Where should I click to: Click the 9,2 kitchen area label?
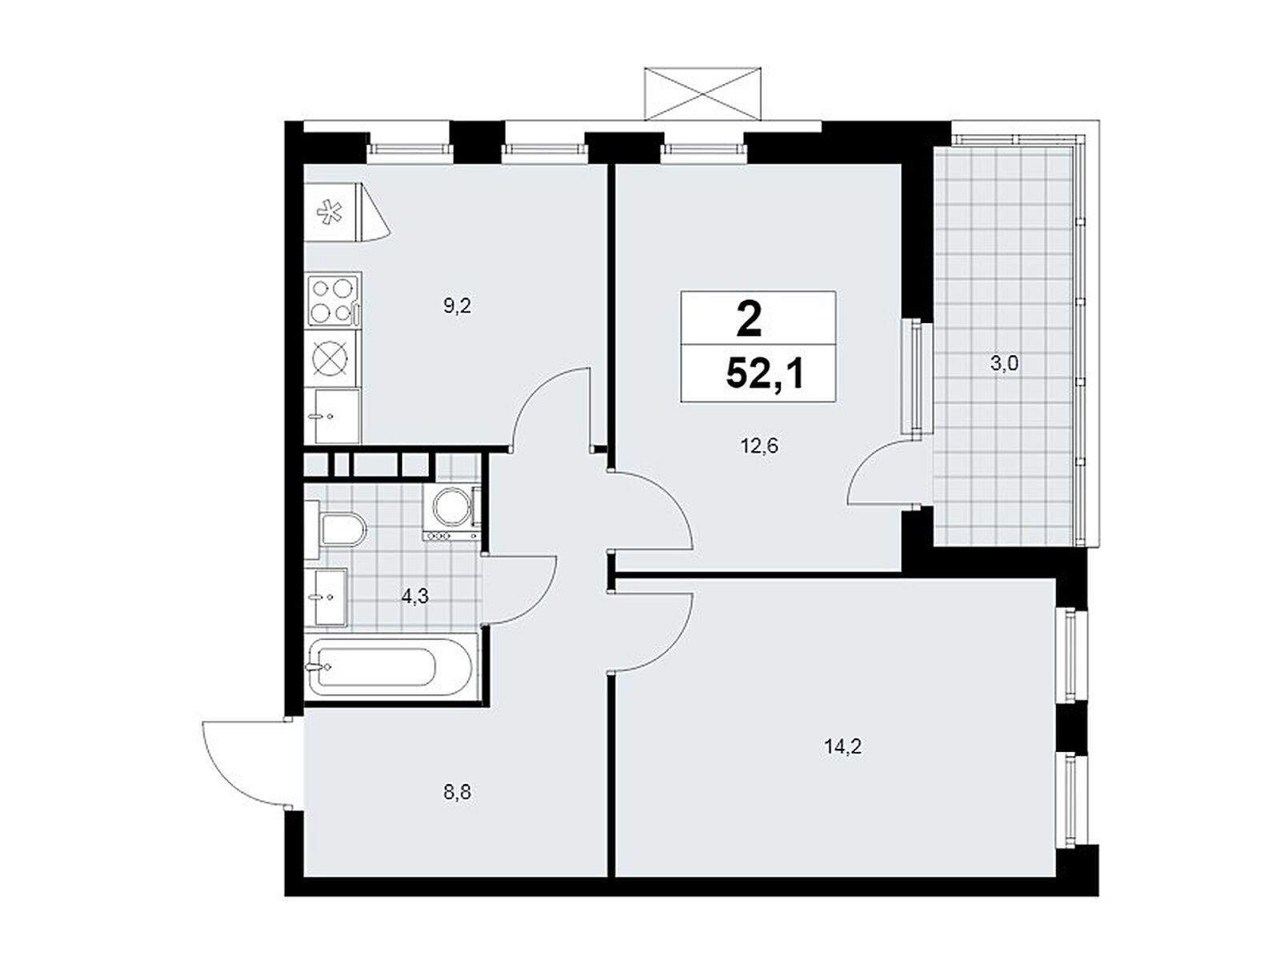[x=457, y=306]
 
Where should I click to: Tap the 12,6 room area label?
[x=759, y=446]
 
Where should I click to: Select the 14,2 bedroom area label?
[x=842, y=746]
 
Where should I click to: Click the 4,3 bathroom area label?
[x=414, y=596]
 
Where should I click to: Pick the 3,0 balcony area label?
[x=1003, y=364]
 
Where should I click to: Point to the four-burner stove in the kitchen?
[x=333, y=300]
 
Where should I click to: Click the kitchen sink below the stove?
[x=333, y=416]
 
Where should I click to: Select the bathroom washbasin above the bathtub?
[x=326, y=598]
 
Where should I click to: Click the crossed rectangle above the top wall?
[x=702, y=94]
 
